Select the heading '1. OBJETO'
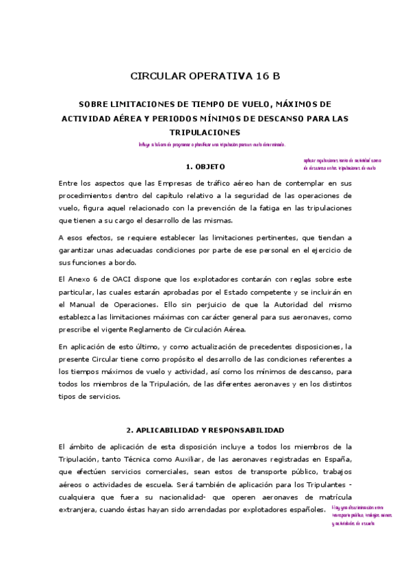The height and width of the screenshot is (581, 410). (205, 166)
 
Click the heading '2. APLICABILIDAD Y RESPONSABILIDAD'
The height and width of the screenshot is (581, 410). (205, 430)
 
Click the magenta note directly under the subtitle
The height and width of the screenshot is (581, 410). (212, 145)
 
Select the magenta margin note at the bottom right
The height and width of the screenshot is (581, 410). (363, 515)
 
